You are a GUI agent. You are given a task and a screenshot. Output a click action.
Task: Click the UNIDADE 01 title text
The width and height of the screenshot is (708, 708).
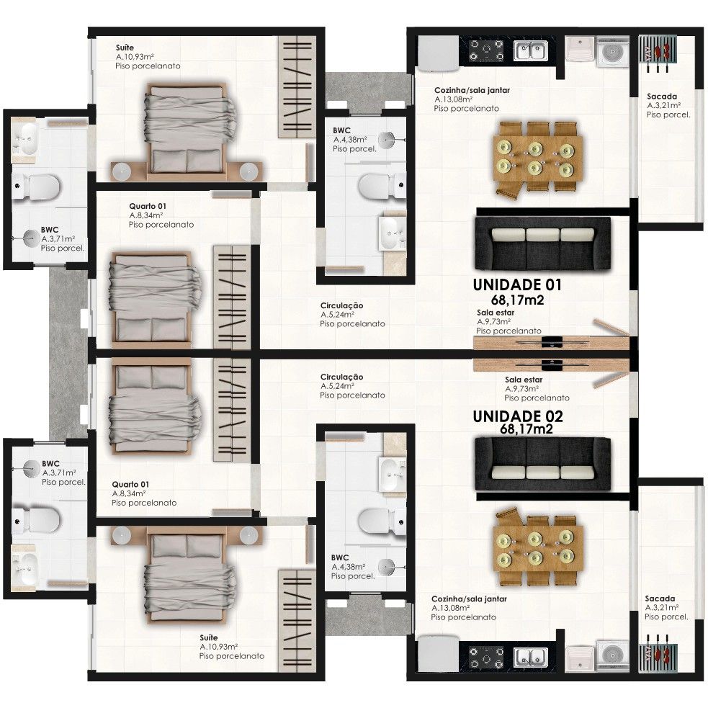point(516,284)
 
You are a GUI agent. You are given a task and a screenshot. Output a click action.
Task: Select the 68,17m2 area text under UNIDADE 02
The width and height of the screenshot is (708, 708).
point(526,429)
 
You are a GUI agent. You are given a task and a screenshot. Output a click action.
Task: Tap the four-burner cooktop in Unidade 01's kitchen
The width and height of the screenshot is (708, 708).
point(487,50)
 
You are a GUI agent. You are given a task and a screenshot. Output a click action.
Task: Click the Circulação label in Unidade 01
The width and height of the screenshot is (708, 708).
point(342,306)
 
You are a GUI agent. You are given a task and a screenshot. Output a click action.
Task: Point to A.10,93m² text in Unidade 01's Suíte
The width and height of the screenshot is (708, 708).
point(136,56)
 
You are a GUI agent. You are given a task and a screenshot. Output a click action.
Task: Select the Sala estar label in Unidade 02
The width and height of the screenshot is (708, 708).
point(524,379)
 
